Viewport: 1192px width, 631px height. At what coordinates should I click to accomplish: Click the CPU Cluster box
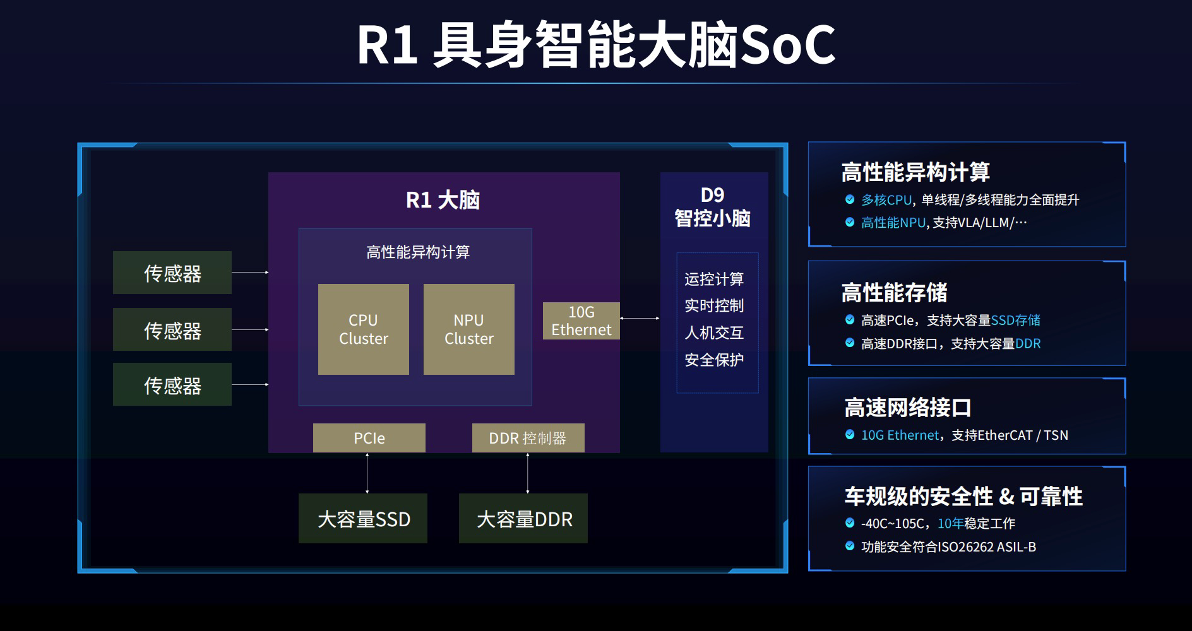(363, 329)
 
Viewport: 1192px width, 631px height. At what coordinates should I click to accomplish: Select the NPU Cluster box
(468, 329)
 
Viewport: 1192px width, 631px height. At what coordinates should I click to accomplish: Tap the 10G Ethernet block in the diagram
(581, 321)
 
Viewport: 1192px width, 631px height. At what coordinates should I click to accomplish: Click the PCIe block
(369, 438)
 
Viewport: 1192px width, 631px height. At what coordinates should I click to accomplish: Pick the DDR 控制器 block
(528, 438)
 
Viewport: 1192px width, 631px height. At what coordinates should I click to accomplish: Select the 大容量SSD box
(363, 519)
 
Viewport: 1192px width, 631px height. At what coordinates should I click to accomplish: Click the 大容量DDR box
(523, 519)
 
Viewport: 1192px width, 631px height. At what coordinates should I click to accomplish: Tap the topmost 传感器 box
(172, 273)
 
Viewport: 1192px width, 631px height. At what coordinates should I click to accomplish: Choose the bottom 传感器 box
(172, 384)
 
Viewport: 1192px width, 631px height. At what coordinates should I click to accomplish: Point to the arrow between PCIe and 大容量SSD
(367, 473)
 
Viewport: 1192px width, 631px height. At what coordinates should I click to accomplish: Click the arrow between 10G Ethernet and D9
(640, 319)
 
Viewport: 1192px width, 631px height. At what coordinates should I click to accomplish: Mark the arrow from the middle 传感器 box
(250, 329)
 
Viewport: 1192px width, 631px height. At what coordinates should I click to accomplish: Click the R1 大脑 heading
(443, 200)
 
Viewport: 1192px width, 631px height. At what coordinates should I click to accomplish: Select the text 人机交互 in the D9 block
(714, 333)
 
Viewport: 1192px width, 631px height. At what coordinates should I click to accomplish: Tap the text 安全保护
(714, 360)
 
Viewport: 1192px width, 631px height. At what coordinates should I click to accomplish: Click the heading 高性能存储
(894, 293)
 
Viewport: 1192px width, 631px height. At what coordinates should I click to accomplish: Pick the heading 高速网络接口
(907, 408)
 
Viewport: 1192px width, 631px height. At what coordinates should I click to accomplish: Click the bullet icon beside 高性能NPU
(850, 222)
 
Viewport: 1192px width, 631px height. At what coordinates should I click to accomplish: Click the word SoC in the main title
(787, 45)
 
